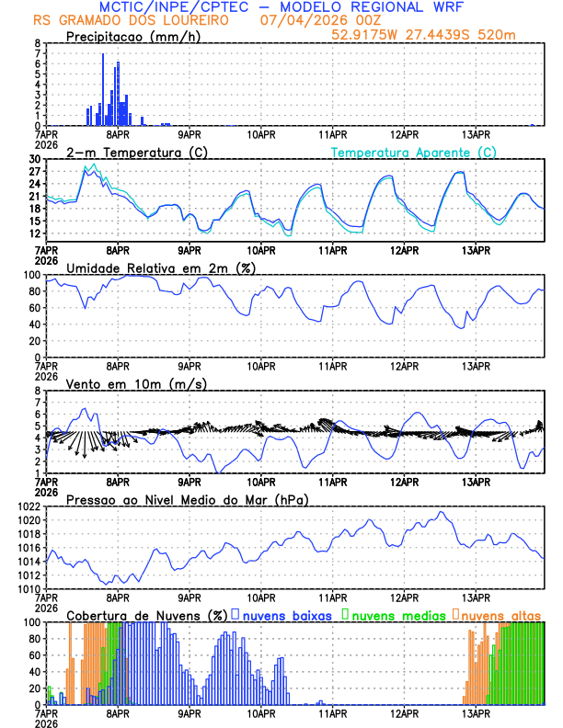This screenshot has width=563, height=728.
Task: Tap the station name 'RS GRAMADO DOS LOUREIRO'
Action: point(128,20)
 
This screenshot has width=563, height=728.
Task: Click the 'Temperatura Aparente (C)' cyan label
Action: point(413,152)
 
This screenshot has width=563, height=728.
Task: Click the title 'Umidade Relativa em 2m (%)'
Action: point(155,267)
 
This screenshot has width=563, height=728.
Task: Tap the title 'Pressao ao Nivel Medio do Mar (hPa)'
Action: point(188,499)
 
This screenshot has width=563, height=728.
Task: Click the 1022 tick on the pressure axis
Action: point(27,506)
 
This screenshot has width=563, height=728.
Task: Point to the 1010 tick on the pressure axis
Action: point(27,588)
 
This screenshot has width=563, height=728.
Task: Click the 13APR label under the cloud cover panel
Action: point(476,712)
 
